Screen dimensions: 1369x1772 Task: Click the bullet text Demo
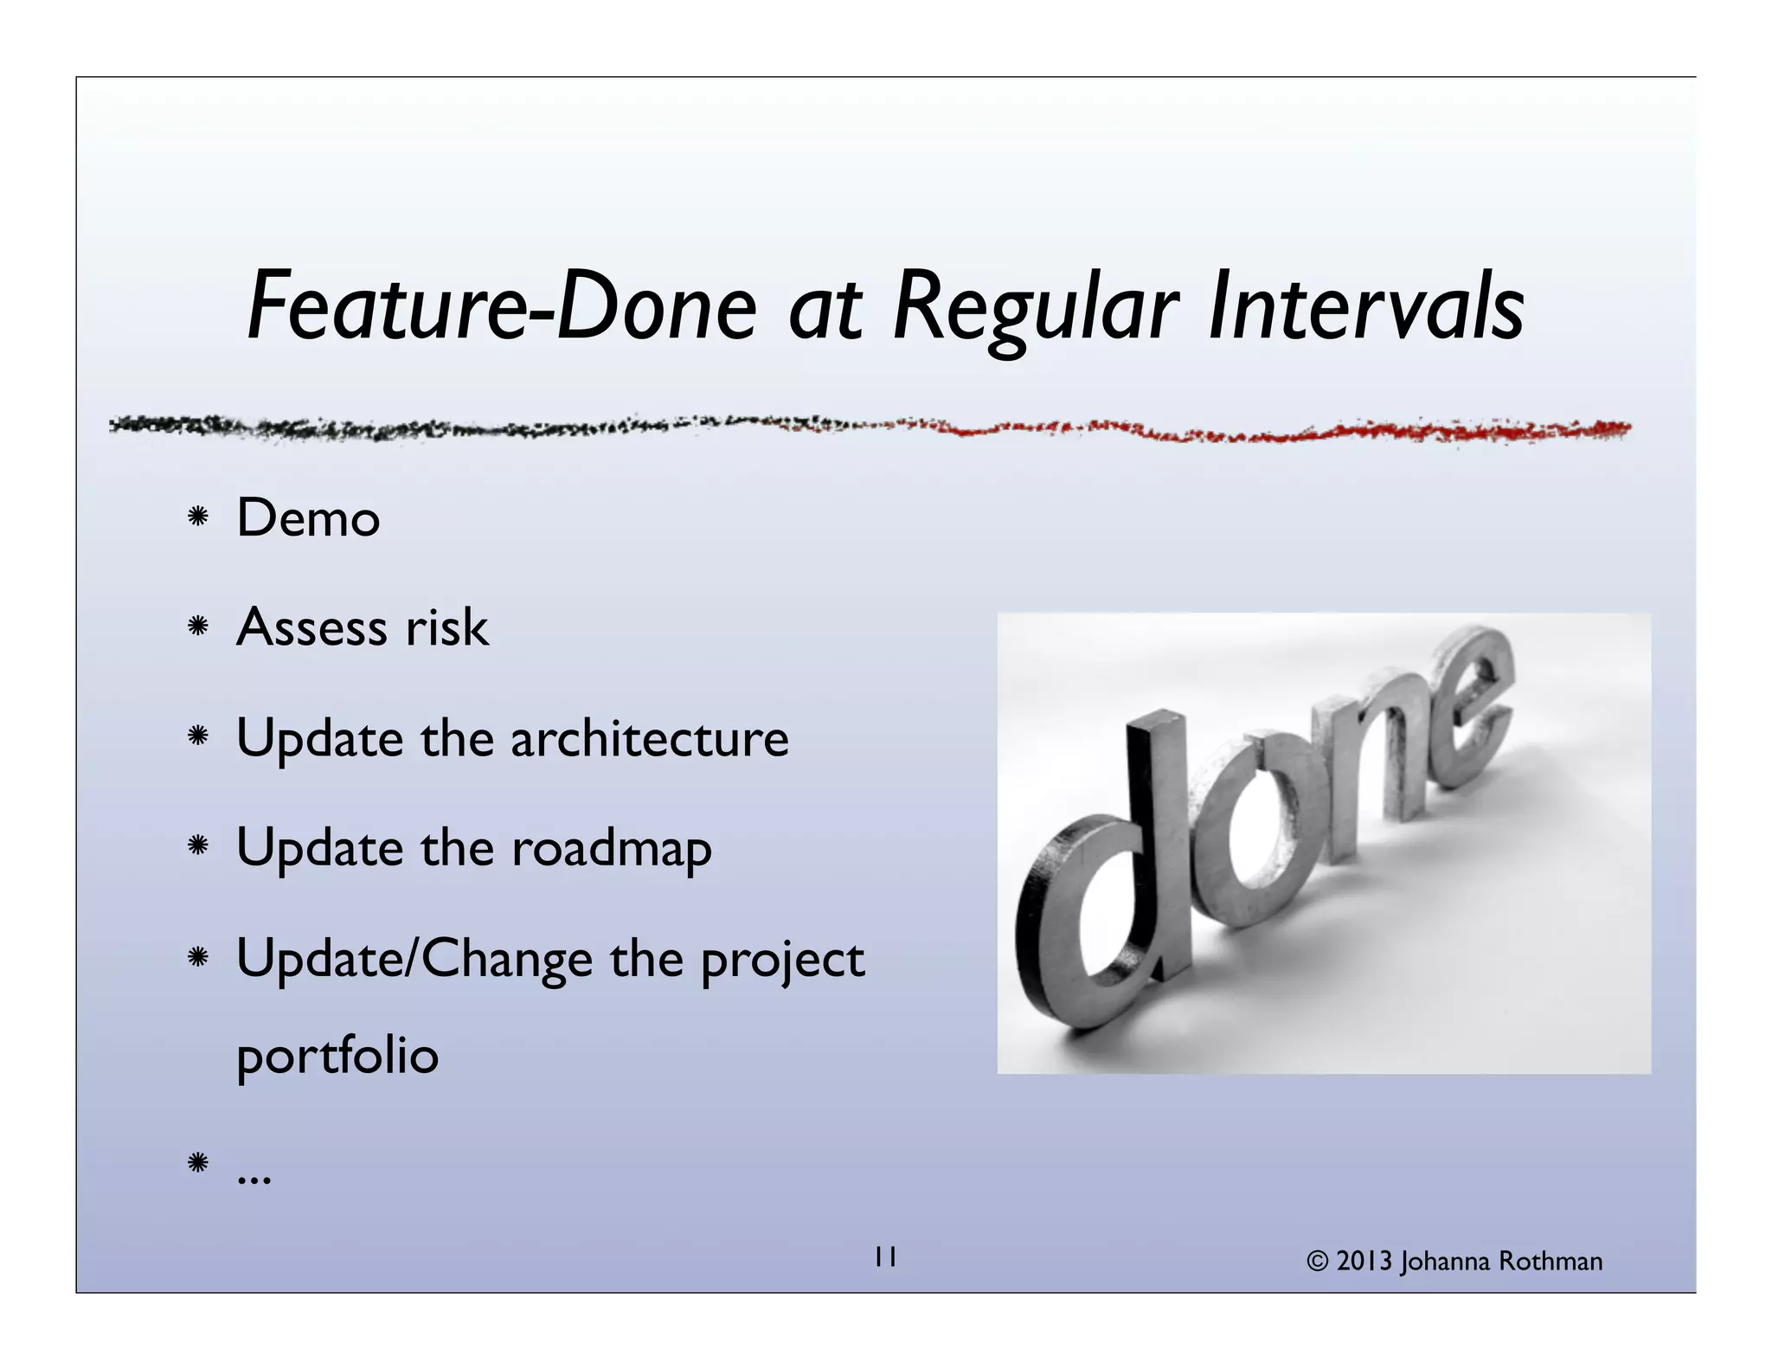coord(308,518)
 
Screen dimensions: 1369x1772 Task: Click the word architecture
coord(649,739)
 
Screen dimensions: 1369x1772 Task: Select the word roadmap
coord(611,848)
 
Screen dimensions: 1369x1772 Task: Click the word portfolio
coord(337,1056)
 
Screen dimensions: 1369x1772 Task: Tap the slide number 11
coord(885,1257)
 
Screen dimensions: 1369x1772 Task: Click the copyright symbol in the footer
coord(1318,1262)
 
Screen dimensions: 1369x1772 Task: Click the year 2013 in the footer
coord(1364,1262)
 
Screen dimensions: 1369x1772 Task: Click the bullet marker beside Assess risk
coord(198,627)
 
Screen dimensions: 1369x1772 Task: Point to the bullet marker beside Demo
coord(198,517)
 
